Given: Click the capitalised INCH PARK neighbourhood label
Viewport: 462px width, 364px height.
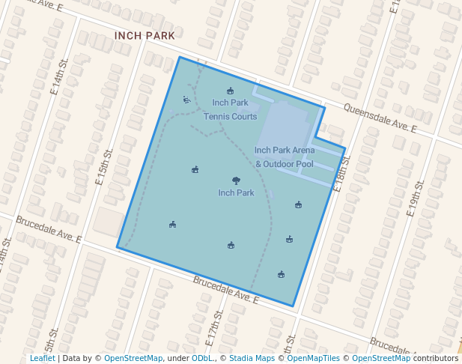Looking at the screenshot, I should [x=145, y=35].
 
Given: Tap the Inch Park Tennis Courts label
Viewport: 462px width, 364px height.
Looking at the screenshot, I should [x=231, y=109].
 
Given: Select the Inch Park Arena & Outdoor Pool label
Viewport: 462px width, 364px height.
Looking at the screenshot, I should [x=285, y=157].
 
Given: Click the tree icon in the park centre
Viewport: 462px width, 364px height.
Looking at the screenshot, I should [x=237, y=181].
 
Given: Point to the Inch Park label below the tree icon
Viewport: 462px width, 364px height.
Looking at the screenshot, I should [x=237, y=193].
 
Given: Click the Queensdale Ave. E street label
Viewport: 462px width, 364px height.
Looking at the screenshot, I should [x=380, y=119].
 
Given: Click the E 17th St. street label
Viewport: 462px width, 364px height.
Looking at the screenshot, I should [x=214, y=329].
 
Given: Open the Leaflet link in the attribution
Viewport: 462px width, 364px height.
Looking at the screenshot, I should [x=42, y=358].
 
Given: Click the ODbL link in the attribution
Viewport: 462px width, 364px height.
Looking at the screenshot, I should [x=201, y=358].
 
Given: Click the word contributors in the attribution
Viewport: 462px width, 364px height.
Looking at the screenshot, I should [x=436, y=358].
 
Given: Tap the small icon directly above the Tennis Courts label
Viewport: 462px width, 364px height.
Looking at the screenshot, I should [x=230, y=91].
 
